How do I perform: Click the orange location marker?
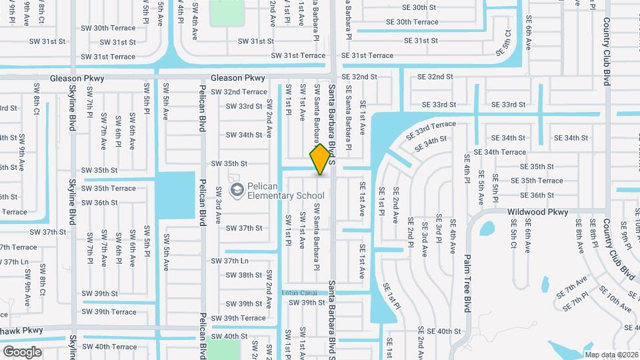320,159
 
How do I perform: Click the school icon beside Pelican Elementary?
236,191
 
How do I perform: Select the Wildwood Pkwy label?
537,212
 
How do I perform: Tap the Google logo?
22,351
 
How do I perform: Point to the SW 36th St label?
100,203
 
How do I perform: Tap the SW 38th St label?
244,275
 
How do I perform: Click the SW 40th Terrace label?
107,347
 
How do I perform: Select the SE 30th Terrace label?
413,22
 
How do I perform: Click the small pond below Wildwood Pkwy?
487,229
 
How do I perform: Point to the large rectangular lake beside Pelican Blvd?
177,193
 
